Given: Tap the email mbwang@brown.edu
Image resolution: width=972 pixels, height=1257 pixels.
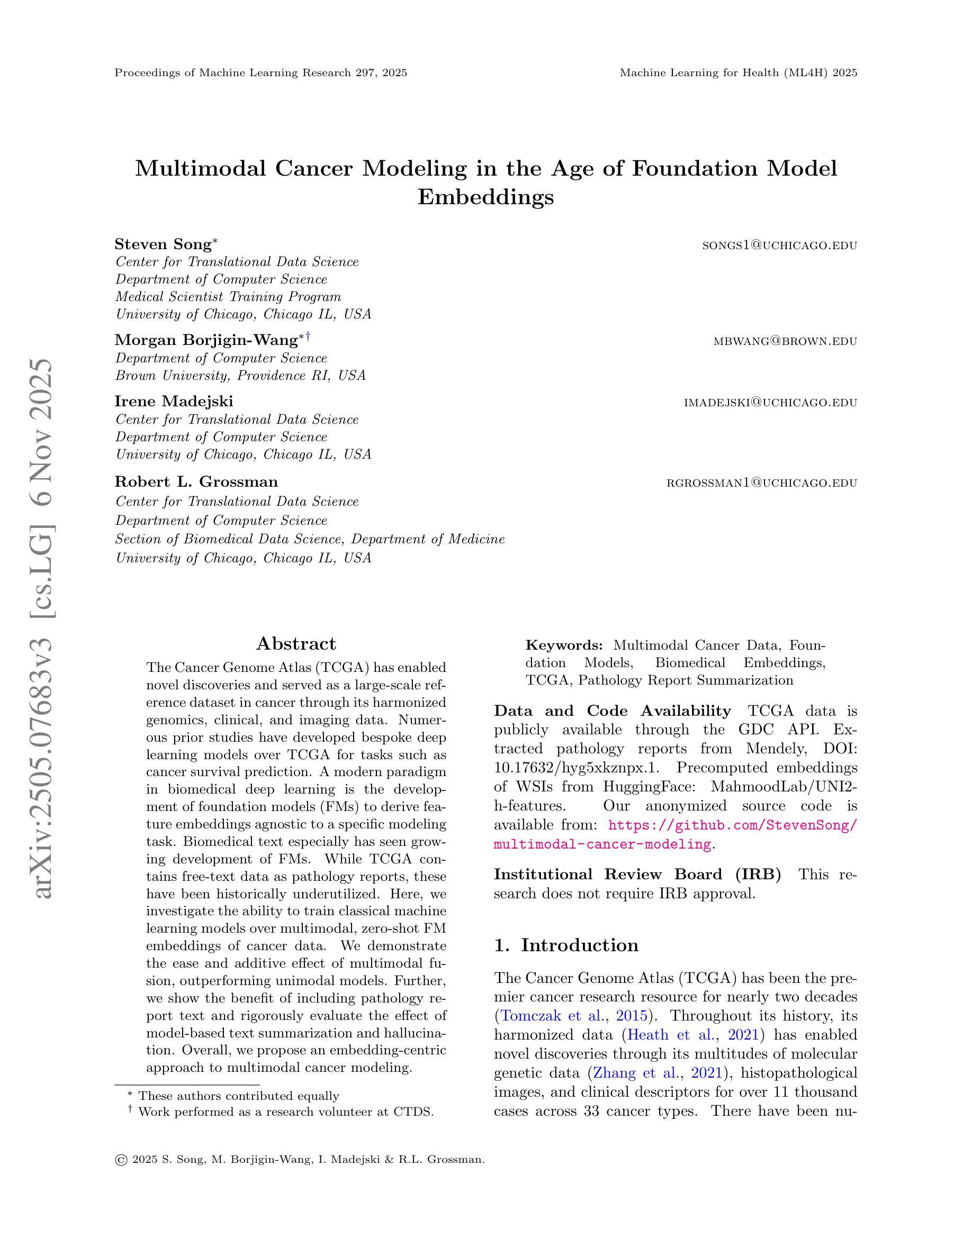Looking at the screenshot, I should [785, 341].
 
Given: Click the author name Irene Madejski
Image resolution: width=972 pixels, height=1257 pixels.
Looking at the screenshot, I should [174, 401].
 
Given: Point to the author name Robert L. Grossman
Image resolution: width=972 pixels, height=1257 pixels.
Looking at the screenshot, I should [196, 482].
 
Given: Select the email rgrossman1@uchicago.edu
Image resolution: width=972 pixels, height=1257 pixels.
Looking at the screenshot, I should [761, 483].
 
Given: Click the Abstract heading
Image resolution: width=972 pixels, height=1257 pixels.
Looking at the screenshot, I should [296, 643].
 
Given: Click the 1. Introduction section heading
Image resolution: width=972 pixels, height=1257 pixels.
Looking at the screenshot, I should [566, 945].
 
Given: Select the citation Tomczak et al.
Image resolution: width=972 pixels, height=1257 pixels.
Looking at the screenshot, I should [545, 1015].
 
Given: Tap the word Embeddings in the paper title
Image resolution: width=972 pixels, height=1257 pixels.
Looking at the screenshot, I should [485, 197].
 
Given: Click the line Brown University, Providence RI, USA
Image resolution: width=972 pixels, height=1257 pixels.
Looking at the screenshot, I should [241, 376].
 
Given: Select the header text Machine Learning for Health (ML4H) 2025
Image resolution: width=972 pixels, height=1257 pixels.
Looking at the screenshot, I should [738, 72].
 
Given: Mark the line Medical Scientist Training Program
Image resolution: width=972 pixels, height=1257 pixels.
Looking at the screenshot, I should [228, 297].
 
